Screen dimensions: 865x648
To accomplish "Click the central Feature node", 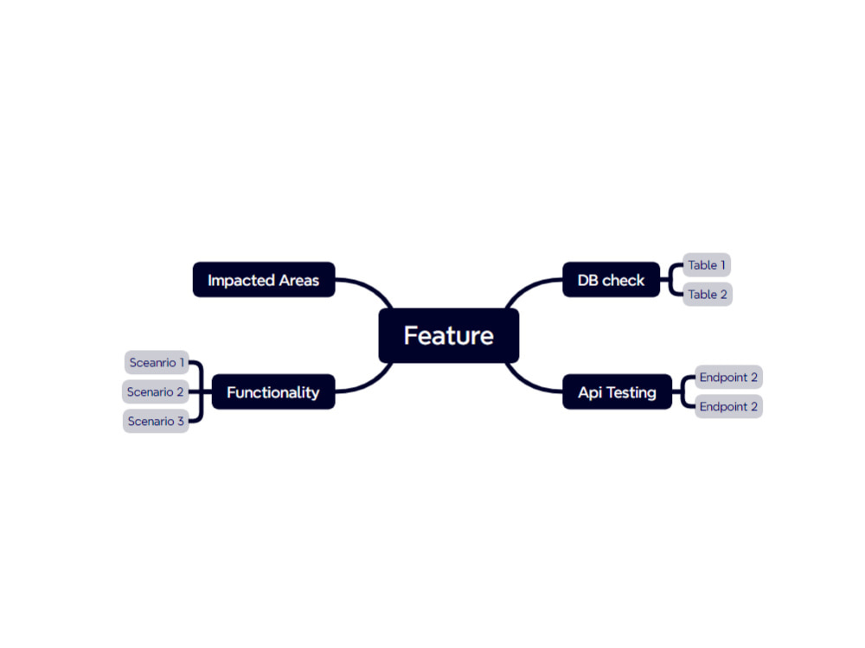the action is [x=448, y=335].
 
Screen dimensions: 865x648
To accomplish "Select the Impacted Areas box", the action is [x=264, y=280].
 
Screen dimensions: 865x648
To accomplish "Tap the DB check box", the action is [x=612, y=280].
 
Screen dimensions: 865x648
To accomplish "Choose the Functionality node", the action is [x=273, y=391].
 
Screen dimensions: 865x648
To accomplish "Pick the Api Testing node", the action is [x=618, y=391].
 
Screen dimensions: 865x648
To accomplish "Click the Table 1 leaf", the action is [x=707, y=265].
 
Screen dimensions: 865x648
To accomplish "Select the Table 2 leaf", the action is [x=708, y=295].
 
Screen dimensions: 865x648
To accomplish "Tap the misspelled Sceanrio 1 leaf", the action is [x=157, y=363].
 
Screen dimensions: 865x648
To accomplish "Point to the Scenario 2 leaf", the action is [x=156, y=391].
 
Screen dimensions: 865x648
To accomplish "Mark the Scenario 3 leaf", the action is [x=156, y=421].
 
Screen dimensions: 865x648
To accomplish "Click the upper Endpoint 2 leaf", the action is [x=728, y=377].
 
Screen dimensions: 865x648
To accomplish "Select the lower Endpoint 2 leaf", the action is [x=728, y=407].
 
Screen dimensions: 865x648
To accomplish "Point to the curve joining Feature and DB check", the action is [x=527, y=288].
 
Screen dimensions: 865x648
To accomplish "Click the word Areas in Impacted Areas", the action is [x=299, y=281].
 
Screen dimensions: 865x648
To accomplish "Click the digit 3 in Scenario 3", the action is [x=181, y=422].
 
